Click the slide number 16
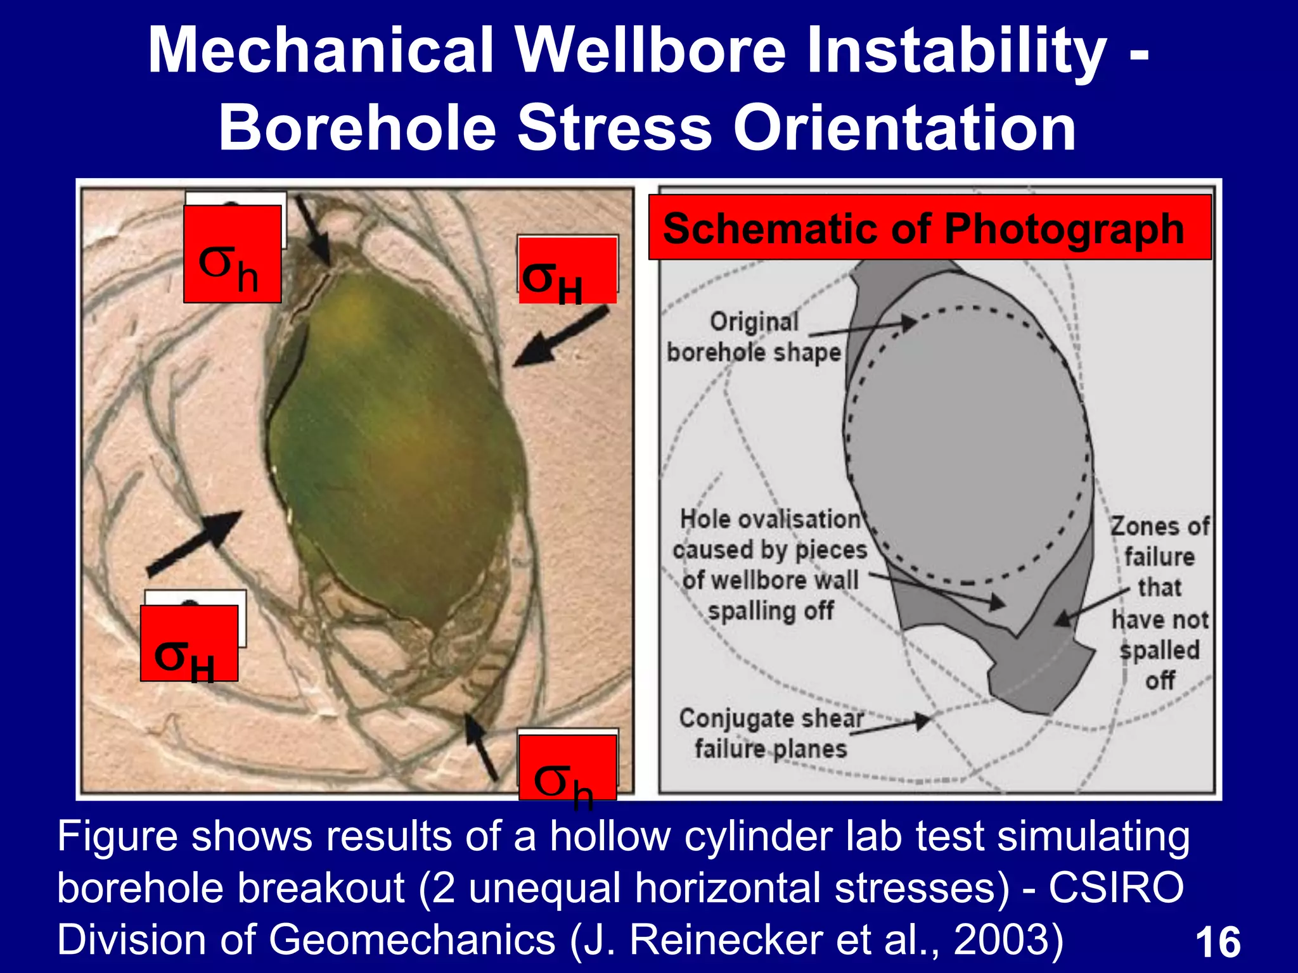click(x=1217, y=942)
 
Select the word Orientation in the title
click(x=904, y=129)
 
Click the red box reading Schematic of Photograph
click(x=929, y=228)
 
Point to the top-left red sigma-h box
click(x=232, y=254)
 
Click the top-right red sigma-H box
click(x=567, y=271)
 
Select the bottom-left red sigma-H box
click(x=189, y=644)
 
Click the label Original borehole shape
click(x=754, y=337)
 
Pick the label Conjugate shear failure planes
click(x=771, y=734)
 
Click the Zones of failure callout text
click(x=1159, y=602)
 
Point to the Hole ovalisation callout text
click(x=770, y=564)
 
